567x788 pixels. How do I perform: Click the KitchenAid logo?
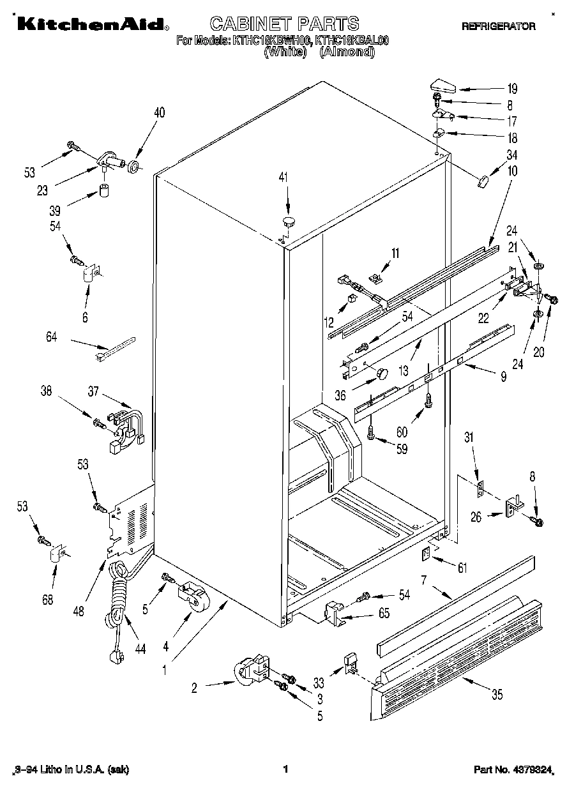coord(92,25)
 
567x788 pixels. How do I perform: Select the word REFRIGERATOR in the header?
coord(498,26)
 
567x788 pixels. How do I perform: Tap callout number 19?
coord(512,89)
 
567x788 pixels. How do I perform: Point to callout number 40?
coord(160,112)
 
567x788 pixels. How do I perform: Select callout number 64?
coord(51,337)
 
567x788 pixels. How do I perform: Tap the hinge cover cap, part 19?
coord(442,86)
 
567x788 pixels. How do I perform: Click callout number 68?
coord(47,599)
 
